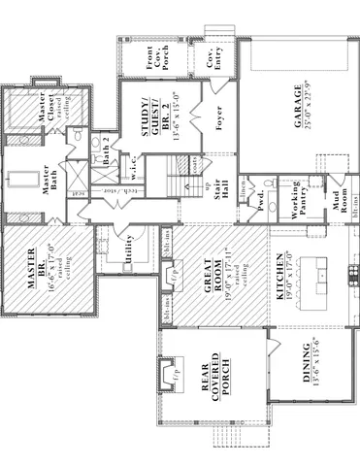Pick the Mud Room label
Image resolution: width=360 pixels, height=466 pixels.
340,202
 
